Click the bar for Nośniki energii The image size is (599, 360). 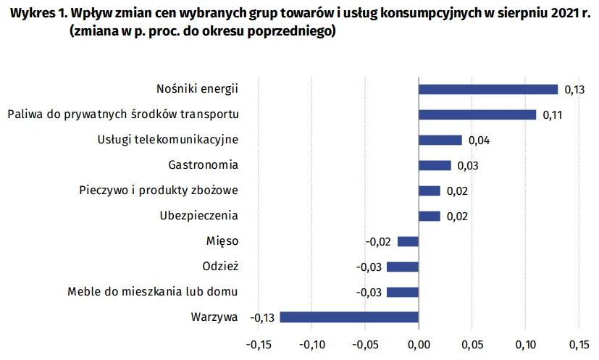coord(488,89)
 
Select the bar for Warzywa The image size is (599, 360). coord(349,317)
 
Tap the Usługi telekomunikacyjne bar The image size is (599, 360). coord(440,140)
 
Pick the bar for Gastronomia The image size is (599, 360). coord(435,165)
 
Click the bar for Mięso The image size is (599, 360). coord(409,241)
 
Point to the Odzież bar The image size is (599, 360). coord(403,267)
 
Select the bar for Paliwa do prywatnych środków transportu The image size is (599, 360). coord(477,114)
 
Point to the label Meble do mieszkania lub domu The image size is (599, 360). coord(153,291)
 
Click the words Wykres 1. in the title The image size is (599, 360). coord(31,14)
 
